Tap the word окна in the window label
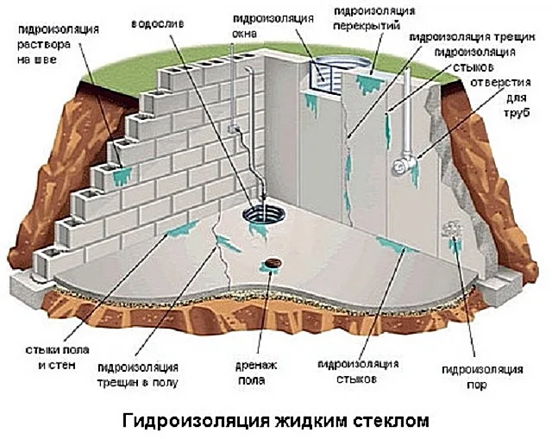pyautogui.click(x=245, y=34)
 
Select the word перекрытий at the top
pyautogui.click(x=367, y=26)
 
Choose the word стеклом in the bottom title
pyautogui.click(x=391, y=421)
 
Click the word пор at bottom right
pyautogui.click(x=476, y=385)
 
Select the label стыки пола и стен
pyautogui.click(x=57, y=358)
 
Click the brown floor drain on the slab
pyautogui.click(x=273, y=262)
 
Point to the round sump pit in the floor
pyautogui.click(x=263, y=214)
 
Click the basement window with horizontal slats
pyautogui.click(x=325, y=77)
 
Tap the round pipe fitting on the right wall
pyautogui.click(x=403, y=165)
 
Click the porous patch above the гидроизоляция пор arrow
pyautogui.click(x=450, y=229)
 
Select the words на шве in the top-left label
pyautogui.click(x=36, y=60)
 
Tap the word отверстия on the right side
pyautogui.click(x=500, y=83)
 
